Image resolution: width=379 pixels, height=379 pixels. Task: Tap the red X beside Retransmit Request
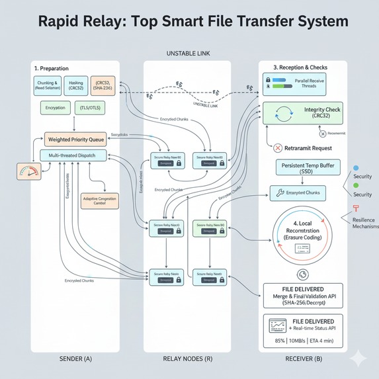pos(278,149)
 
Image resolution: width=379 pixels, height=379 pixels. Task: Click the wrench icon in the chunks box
pos(278,192)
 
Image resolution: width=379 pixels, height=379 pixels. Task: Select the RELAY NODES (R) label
pos(187,359)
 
